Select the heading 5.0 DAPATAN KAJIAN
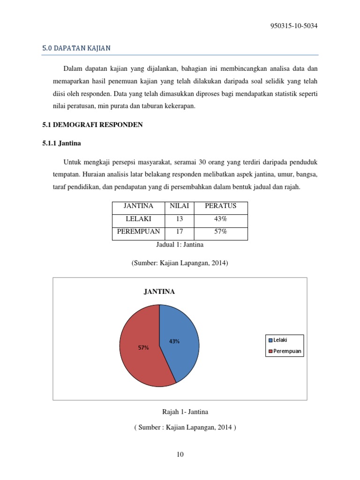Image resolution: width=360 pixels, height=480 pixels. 76,48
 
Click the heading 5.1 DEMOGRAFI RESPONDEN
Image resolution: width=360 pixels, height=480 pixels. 89,125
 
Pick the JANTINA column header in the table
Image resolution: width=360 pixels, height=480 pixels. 138,206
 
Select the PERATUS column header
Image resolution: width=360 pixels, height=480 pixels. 221,206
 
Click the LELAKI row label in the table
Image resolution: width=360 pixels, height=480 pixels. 138,219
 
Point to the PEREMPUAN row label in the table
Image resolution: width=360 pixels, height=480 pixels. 138,232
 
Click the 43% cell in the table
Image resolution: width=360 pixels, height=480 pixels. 221,219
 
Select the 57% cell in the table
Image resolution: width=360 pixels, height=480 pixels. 221,232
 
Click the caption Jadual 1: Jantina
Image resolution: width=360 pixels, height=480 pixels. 180,245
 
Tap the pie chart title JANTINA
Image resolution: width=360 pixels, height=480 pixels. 159,292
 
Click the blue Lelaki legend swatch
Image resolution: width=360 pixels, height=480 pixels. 270,340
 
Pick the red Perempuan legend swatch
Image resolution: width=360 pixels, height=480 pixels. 270,351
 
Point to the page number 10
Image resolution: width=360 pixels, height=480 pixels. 180,454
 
